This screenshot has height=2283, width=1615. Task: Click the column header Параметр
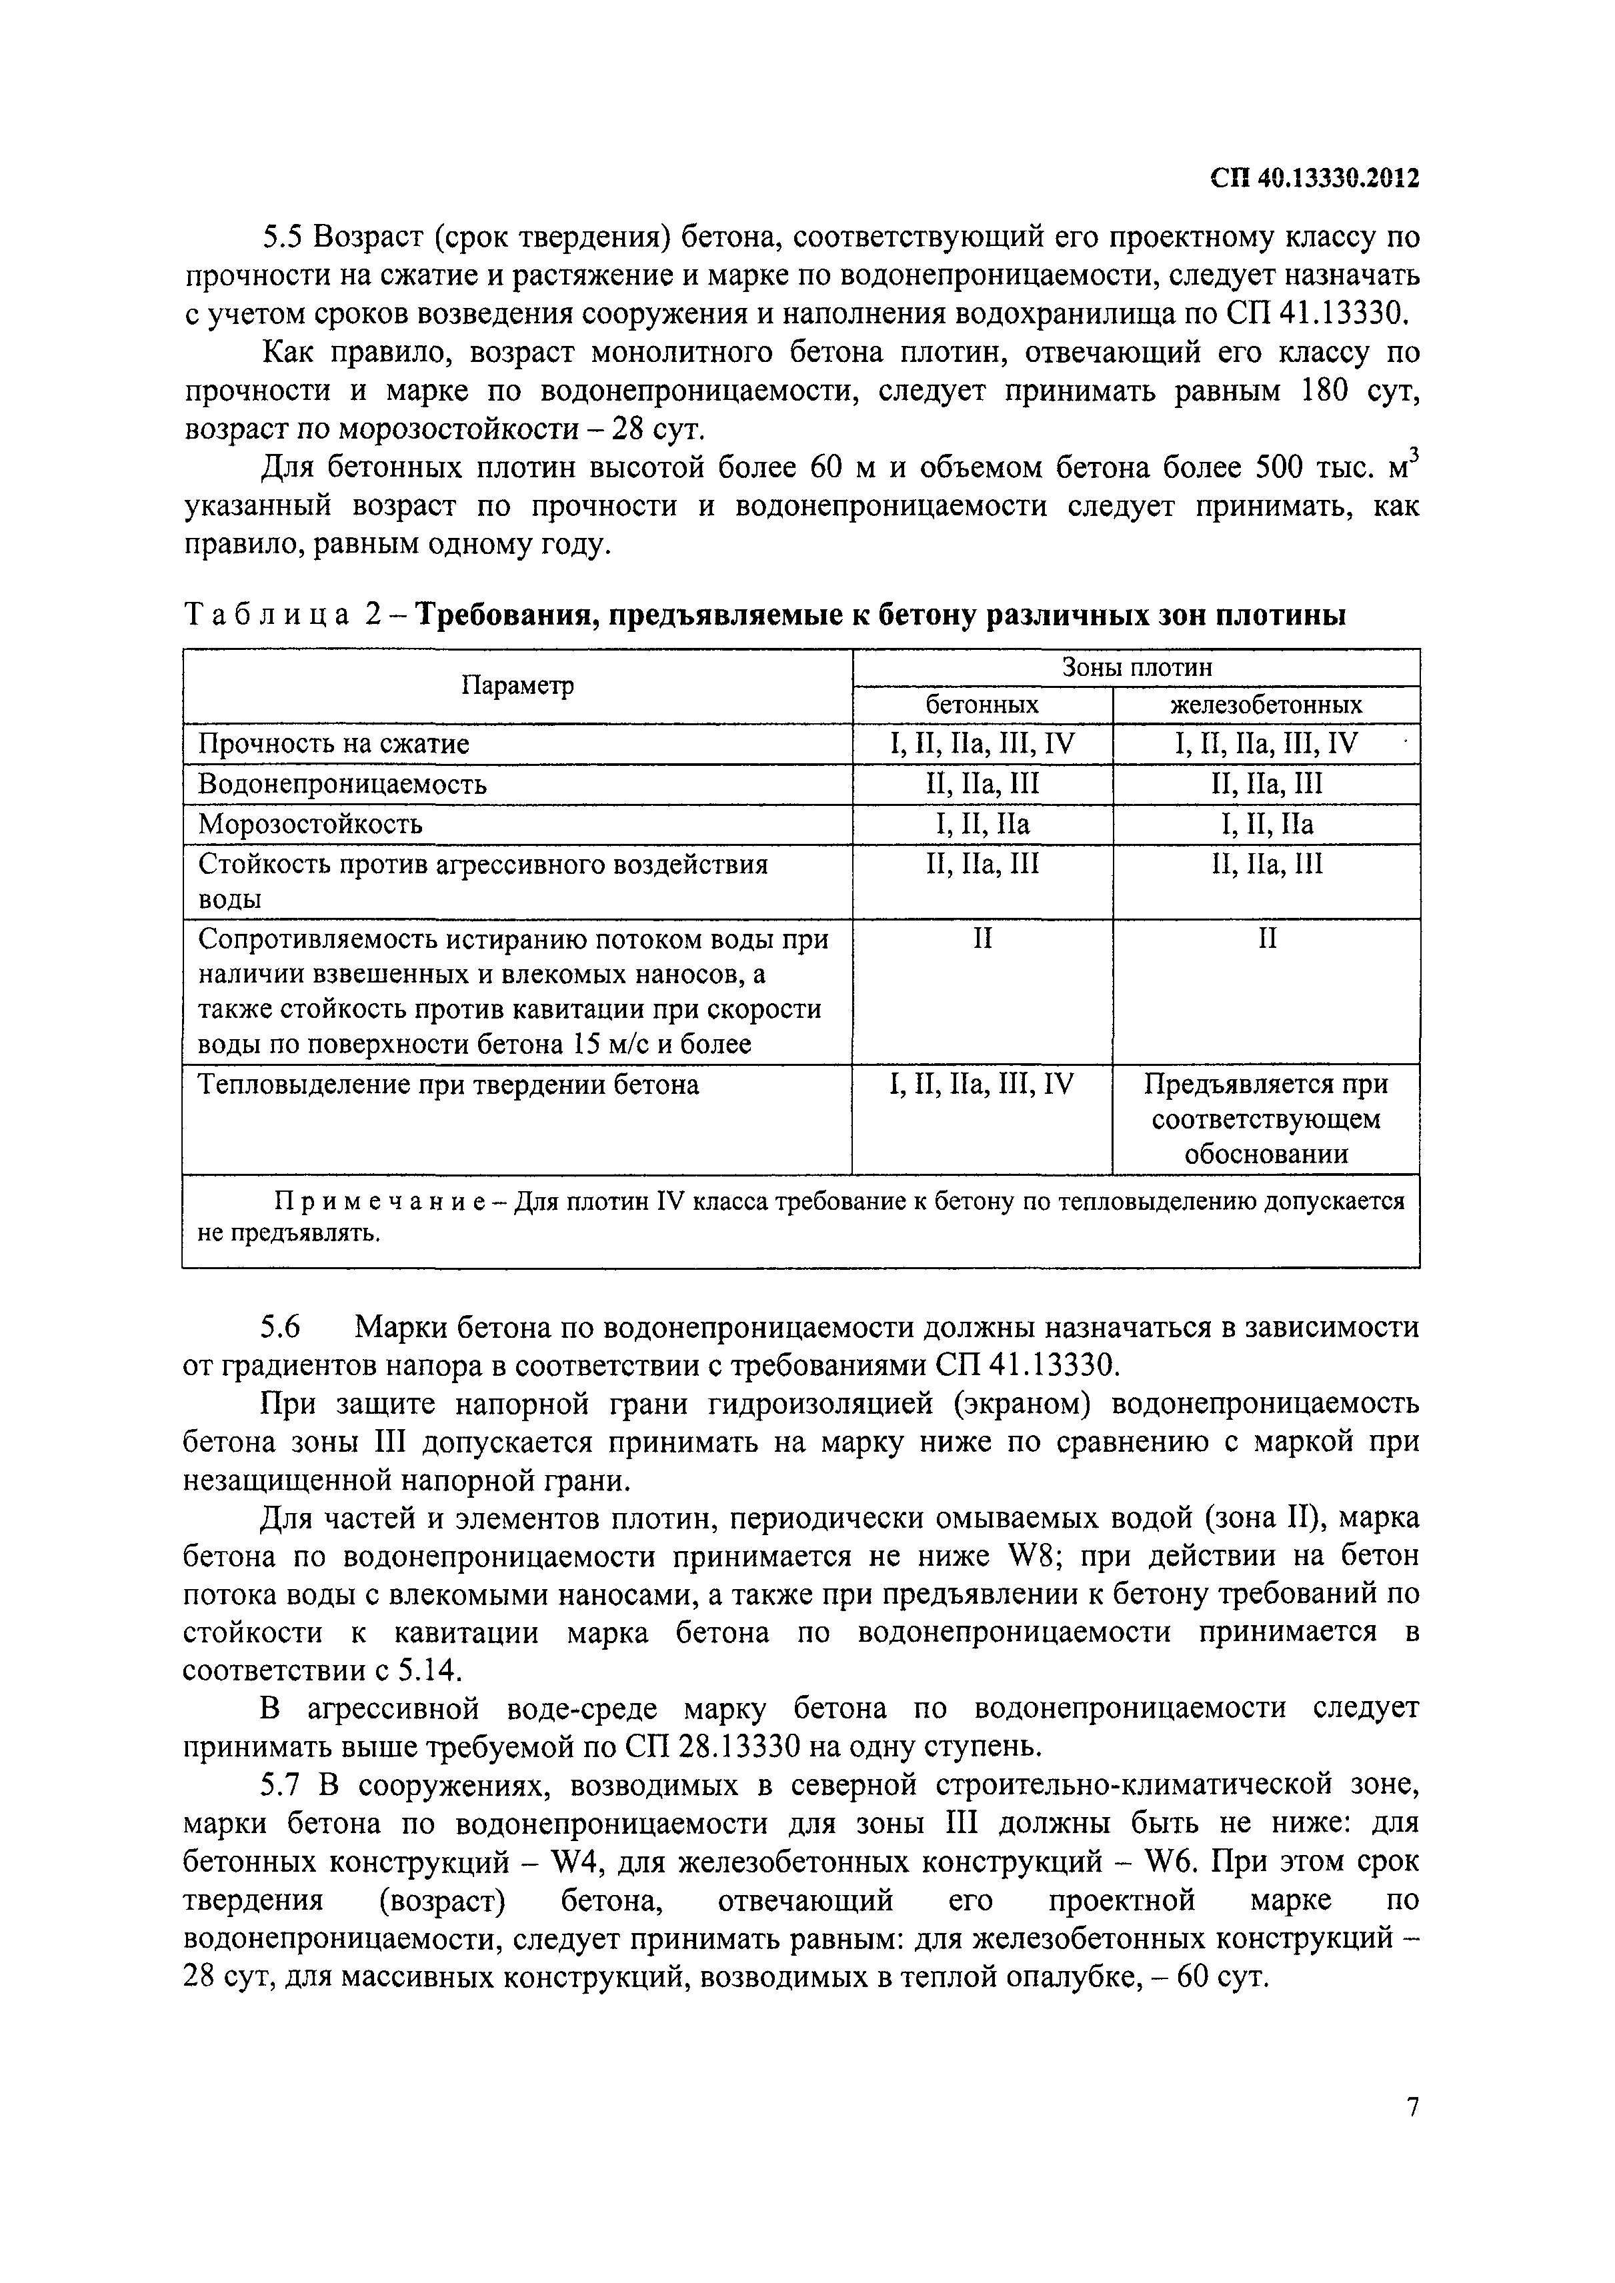(517, 686)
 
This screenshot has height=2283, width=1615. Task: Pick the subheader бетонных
(982, 705)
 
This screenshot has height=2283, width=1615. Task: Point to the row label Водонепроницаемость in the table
(342, 785)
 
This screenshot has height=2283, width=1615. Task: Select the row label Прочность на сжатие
(334, 744)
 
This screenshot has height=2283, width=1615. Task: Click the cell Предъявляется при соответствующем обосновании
(1266, 1119)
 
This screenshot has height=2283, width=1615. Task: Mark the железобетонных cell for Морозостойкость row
(1266, 825)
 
